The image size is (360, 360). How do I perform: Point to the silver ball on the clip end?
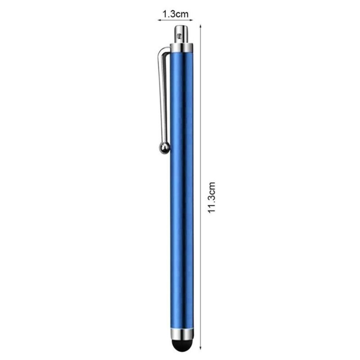pos(164,148)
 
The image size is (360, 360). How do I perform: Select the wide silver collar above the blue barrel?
pos(182,48)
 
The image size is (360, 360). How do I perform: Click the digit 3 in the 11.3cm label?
pos(212,201)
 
